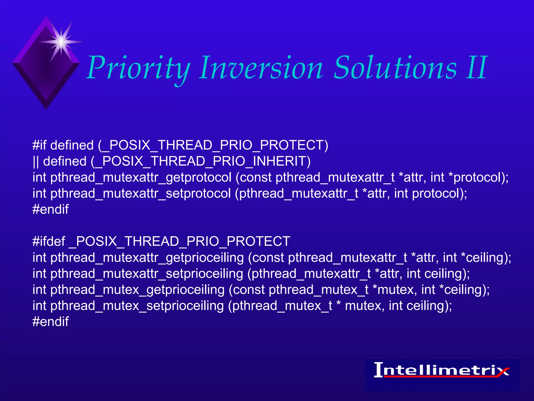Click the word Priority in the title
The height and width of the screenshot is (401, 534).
pos(138,68)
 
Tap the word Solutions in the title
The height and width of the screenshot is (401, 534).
pos(395,68)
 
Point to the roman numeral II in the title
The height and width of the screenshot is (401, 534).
pos(476,68)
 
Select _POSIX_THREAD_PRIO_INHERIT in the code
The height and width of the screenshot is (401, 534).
pos(201,161)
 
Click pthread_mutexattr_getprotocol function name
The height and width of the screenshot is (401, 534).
pos(141,178)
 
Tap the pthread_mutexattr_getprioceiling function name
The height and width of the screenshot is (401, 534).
pos(147,258)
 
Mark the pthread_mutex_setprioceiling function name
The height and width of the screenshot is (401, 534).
pos(137,306)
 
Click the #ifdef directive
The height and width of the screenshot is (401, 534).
pos(48,241)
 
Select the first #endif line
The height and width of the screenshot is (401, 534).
pos(51,209)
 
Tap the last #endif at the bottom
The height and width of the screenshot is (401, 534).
pos(51,322)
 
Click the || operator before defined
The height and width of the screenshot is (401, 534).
pos(36,161)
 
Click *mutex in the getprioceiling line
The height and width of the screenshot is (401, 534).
pos(393,290)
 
